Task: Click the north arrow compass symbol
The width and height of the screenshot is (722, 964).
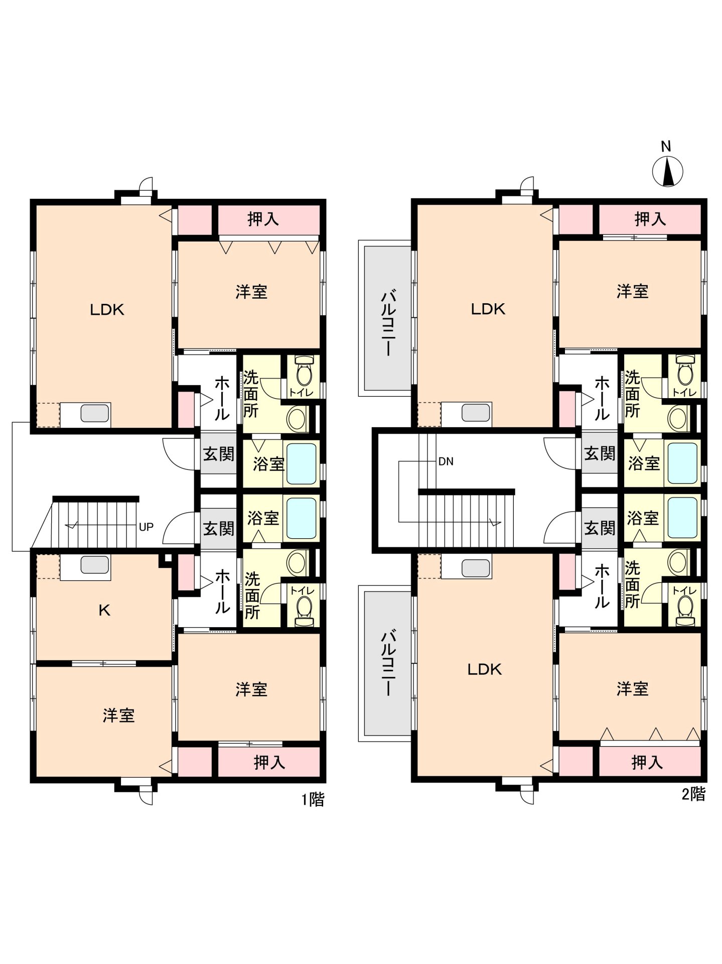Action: tap(667, 171)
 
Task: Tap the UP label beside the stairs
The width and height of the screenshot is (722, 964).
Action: tap(146, 527)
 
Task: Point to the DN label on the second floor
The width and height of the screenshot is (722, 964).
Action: tap(446, 461)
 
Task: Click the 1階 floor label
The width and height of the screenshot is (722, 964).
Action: tap(313, 799)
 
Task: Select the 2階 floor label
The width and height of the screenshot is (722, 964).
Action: tap(693, 794)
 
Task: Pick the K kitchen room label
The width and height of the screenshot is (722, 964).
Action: tap(104, 610)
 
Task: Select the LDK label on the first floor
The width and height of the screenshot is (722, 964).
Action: tap(107, 309)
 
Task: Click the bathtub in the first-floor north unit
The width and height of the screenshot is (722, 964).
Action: tap(301, 463)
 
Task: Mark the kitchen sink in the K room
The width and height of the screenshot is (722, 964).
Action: tap(95, 565)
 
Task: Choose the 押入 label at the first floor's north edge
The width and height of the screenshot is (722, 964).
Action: tap(263, 219)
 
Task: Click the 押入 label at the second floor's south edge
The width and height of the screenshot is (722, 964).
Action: tap(647, 762)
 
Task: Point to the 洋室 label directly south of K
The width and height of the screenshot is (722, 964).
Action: tap(119, 715)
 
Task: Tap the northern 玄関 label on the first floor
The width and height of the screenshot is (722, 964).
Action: tap(219, 454)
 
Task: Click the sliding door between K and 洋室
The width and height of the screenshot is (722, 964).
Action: tap(104, 663)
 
